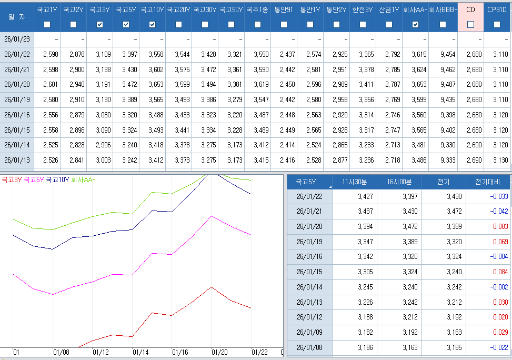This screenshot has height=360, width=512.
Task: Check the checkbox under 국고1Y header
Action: pos(47,24)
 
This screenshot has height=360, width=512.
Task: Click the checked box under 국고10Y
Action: pos(153,24)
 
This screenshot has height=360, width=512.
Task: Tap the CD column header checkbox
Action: pos(471,24)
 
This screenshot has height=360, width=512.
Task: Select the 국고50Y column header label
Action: pos(231,9)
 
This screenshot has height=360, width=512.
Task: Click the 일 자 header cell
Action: pos(17,16)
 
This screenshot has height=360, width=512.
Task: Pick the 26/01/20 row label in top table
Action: pos(17,84)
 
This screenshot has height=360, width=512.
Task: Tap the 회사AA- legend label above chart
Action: pos(83,179)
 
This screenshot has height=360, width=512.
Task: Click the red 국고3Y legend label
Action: pos(12,179)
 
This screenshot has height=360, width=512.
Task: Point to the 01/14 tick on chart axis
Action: pos(140,352)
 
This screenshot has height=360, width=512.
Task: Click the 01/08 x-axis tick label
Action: pos(62,352)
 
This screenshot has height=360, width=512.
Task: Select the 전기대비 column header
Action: pos(488,182)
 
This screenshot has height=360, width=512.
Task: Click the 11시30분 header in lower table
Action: pos(355,182)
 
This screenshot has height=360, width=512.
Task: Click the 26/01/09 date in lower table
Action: pos(309,333)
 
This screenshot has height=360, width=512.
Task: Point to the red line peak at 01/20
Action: pos(211,287)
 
